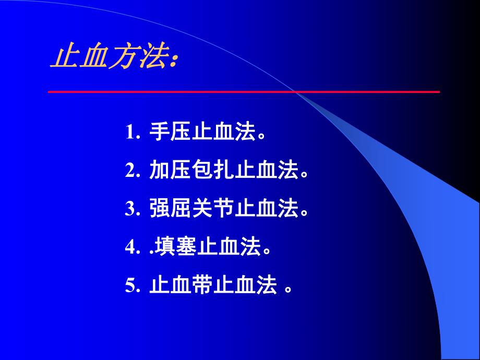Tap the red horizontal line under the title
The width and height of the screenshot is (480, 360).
coord(244,92)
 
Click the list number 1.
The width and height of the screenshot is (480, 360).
coord(133,132)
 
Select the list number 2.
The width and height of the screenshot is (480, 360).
coord(133,171)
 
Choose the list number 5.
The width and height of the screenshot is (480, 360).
coord(133,286)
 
